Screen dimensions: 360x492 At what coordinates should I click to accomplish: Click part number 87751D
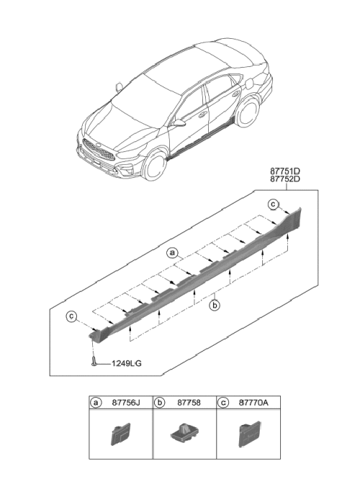[285, 171]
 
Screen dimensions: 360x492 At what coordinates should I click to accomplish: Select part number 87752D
[285, 179]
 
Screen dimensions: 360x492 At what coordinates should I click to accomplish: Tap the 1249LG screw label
[127, 364]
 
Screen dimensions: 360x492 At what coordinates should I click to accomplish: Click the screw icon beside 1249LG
[94, 361]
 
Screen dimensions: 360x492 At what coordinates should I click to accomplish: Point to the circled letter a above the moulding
[172, 253]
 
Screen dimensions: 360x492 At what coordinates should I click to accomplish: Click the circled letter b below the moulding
[215, 305]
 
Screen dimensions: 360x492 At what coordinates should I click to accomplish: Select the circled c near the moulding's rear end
[273, 205]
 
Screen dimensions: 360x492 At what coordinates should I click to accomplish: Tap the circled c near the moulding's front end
[71, 316]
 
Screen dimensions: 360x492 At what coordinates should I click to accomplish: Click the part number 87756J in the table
[126, 403]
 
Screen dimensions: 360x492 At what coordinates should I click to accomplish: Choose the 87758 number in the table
[189, 403]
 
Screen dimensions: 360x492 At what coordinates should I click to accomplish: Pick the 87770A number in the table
[253, 403]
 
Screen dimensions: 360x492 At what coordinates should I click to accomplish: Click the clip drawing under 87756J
[120, 434]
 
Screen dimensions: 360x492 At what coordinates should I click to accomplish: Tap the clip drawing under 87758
[184, 432]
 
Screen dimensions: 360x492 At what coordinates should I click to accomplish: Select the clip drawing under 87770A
[249, 434]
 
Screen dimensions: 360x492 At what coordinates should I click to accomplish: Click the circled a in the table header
[96, 403]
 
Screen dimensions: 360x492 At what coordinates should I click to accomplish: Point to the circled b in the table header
[159, 403]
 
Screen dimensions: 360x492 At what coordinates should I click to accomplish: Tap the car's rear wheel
[247, 112]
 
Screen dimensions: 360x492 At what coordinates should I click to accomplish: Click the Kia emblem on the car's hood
[99, 145]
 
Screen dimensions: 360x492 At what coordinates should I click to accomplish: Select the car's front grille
[98, 150]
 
